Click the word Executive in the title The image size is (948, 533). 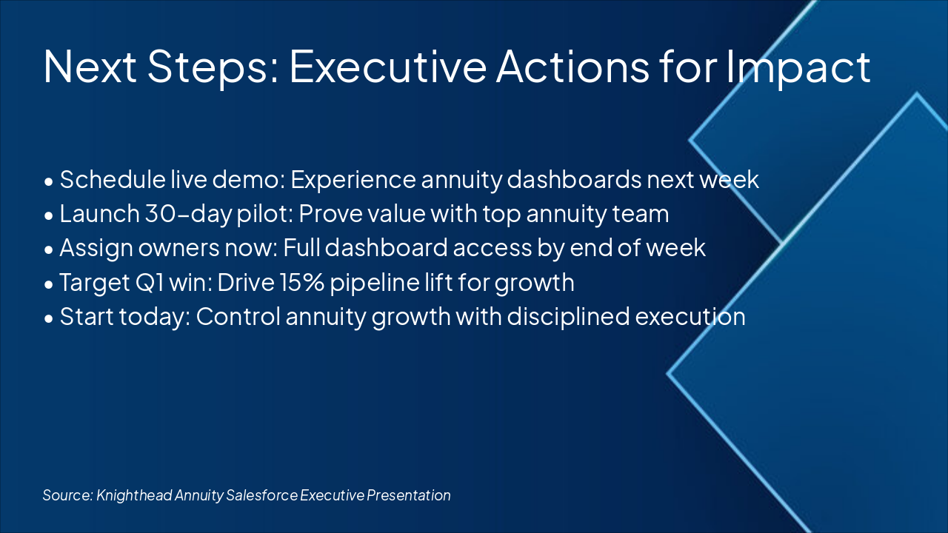[x=387, y=66]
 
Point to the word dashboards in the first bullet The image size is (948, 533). [x=574, y=179]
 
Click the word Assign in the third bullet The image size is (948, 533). [x=96, y=248]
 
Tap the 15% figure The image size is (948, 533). [x=301, y=282]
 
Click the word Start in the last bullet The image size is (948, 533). [x=87, y=316]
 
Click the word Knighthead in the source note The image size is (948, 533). [x=134, y=495]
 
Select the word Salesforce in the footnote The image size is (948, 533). [x=261, y=495]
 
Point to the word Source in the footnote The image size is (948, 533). [x=67, y=495]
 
